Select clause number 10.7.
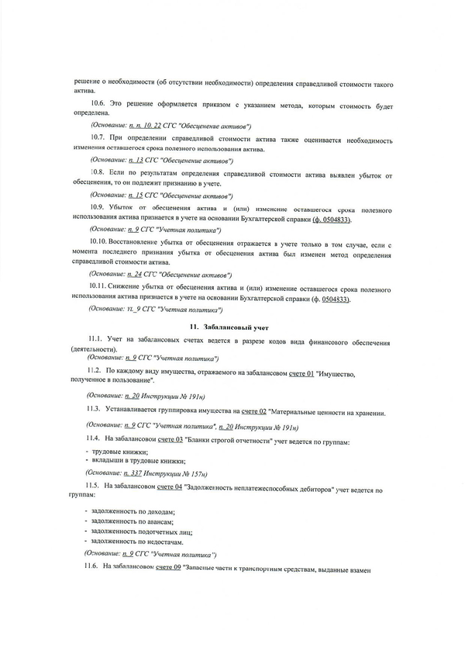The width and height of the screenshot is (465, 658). (x=100, y=137)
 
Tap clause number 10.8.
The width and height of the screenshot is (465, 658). (x=100, y=171)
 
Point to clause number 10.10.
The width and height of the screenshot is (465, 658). (x=102, y=241)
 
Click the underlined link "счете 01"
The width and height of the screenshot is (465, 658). (x=302, y=374)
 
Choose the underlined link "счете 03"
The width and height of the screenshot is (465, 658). (x=170, y=441)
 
